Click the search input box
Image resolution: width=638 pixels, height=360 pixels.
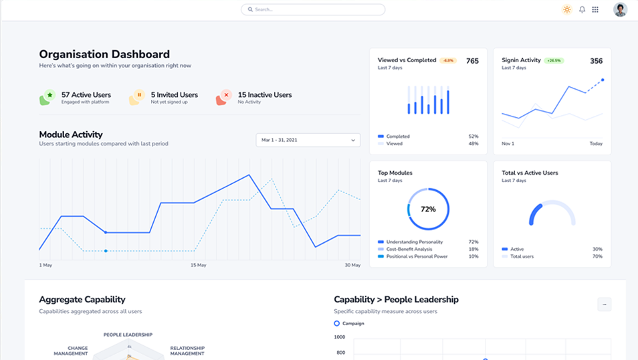[x=313, y=9]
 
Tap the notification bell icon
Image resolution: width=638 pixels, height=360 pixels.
[x=582, y=9]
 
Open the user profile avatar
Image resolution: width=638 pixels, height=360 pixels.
[x=620, y=9]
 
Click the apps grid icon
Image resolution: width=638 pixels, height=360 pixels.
[x=595, y=9]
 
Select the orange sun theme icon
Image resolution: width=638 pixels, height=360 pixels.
[x=567, y=9]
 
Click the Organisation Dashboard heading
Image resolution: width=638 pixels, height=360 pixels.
[x=104, y=54]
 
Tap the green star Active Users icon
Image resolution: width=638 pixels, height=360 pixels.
[x=49, y=96]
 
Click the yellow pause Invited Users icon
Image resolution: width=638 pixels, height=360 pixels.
[x=138, y=96]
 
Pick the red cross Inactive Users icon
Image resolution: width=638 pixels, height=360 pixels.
[x=225, y=96]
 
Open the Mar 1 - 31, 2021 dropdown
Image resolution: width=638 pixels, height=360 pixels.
[x=308, y=140]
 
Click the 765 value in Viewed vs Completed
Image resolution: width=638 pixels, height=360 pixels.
[x=472, y=61]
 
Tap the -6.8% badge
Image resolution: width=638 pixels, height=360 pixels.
[x=447, y=61]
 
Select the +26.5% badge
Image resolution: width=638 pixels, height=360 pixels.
[x=553, y=61]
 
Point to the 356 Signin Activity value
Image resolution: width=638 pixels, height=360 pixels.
[x=596, y=61]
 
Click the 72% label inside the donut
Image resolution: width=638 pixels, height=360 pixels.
[x=428, y=209]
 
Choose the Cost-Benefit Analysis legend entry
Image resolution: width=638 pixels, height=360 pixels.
[x=410, y=249]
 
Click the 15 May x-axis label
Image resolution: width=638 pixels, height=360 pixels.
[x=198, y=266]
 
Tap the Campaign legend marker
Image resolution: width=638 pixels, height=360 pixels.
[x=337, y=323]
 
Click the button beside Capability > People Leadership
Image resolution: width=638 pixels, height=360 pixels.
[x=604, y=304]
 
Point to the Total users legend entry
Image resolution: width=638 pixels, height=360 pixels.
[x=522, y=256]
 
